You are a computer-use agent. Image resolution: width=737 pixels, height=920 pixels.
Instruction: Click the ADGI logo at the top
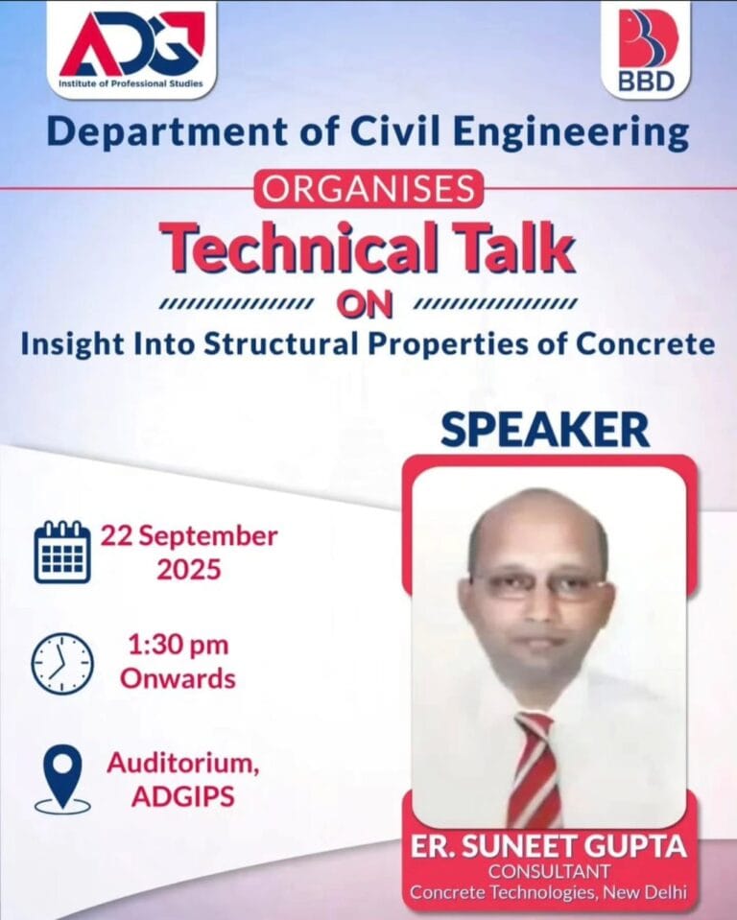[131, 48]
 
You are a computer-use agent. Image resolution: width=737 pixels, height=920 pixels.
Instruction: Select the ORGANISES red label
[368, 190]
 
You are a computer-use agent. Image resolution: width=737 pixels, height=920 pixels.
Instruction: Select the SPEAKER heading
[545, 431]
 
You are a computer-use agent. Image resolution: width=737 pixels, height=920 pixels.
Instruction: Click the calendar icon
[62, 552]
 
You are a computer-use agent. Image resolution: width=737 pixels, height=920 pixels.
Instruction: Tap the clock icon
[62, 664]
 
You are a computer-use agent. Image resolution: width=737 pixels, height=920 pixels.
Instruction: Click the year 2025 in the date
[189, 569]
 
